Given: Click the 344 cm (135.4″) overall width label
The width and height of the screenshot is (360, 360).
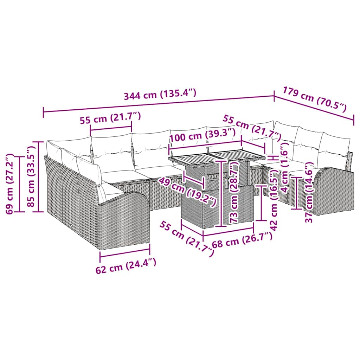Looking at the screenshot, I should (160, 95).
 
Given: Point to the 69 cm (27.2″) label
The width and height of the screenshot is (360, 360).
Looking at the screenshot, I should (12, 183).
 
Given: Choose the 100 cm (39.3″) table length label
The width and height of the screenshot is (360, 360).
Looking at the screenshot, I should (202, 135).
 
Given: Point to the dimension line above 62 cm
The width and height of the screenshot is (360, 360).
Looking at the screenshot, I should (125, 250).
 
